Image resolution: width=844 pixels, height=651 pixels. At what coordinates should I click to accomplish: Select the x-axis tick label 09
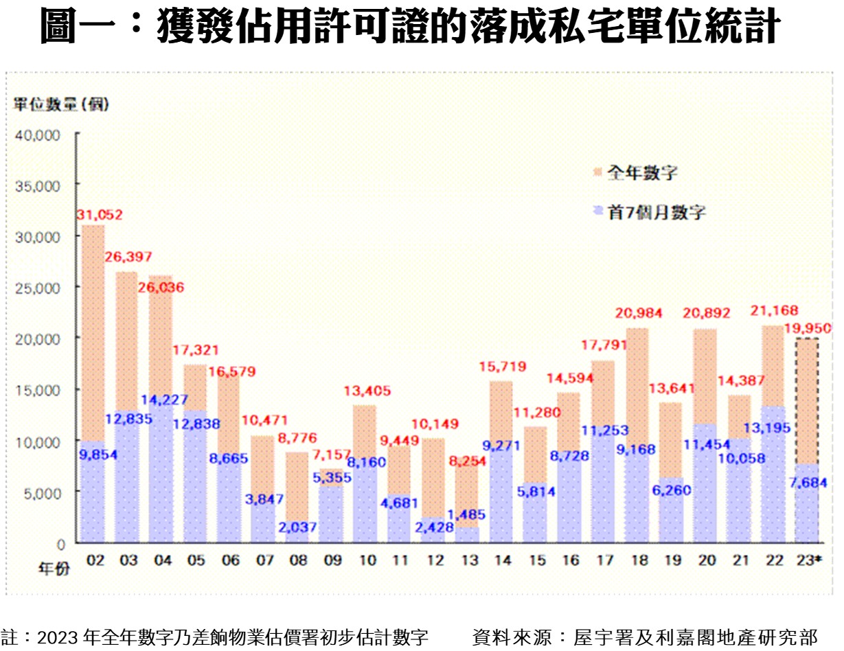[333, 560]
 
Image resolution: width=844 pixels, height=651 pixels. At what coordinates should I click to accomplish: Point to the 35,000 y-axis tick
[38, 185]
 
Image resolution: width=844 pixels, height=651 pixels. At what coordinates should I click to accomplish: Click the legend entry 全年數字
[642, 172]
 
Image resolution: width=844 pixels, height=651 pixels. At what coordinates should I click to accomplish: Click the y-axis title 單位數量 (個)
[61, 105]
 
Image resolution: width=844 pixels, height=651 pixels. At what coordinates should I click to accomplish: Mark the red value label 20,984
[639, 314]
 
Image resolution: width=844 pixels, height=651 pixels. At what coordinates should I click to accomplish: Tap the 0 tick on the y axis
[60, 543]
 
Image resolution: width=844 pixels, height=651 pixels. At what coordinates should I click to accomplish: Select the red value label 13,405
[367, 391]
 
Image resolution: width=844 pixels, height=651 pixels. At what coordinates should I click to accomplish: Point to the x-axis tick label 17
[605, 560]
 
